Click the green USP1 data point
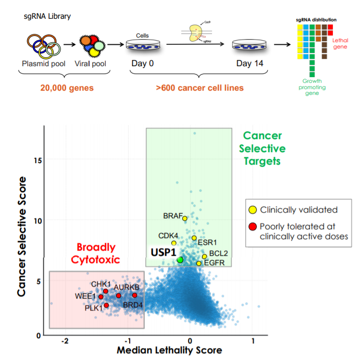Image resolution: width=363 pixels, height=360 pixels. (180, 259)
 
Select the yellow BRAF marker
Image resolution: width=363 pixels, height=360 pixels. (185, 218)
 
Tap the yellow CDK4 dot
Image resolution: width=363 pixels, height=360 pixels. (174, 243)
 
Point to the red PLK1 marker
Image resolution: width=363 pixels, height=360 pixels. (106, 305)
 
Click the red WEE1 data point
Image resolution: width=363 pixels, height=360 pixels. (101, 296)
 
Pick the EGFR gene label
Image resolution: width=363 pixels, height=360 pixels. (214, 263)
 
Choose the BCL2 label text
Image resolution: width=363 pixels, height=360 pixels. (219, 253)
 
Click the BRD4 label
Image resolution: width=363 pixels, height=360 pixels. (133, 305)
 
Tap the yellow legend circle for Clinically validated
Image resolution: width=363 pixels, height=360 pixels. (253, 210)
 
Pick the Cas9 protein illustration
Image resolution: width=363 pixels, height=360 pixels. (197, 33)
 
